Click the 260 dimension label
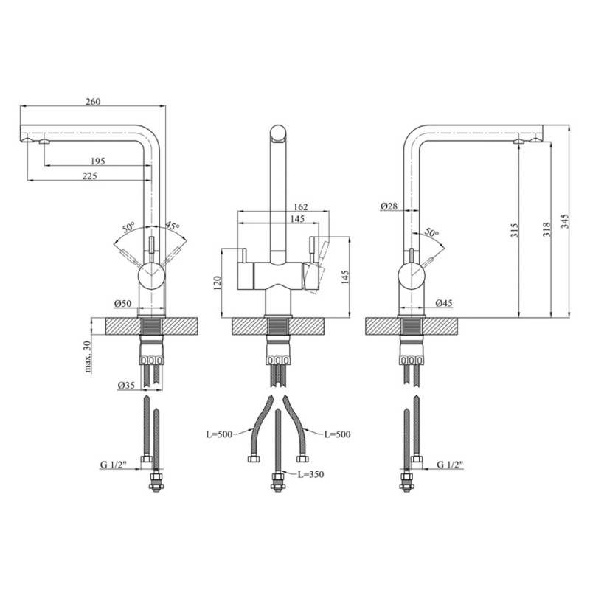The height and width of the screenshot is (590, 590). pos(94,102)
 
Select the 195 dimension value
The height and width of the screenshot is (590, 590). pos(98,161)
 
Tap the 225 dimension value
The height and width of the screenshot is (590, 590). pos(89,176)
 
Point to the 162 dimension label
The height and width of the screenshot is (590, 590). pos(301,206)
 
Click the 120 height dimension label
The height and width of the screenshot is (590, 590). pos(217,283)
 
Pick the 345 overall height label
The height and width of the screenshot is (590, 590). pos(565,221)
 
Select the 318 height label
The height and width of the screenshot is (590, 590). pos(546,229)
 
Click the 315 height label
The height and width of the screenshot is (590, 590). pos(515,230)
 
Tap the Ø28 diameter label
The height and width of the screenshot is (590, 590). pos(389,206)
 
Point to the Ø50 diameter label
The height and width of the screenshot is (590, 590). pos(122,302)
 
